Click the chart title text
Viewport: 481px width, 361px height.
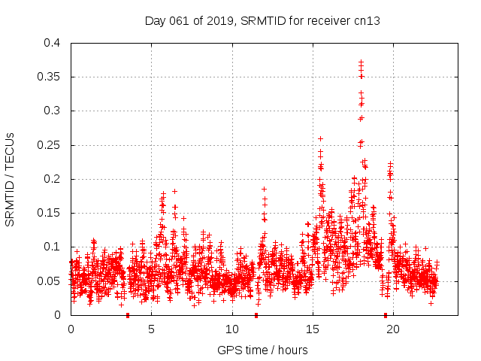(x=262, y=21)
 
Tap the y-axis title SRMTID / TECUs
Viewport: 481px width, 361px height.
(x=11, y=179)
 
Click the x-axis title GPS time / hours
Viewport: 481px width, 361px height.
(x=262, y=350)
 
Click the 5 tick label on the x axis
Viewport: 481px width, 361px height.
(x=151, y=329)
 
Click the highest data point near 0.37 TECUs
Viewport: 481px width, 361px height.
(x=361, y=62)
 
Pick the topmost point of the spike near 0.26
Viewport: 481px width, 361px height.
(x=320, y=138)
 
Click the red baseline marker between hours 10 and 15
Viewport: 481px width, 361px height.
(x=256, y=315)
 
